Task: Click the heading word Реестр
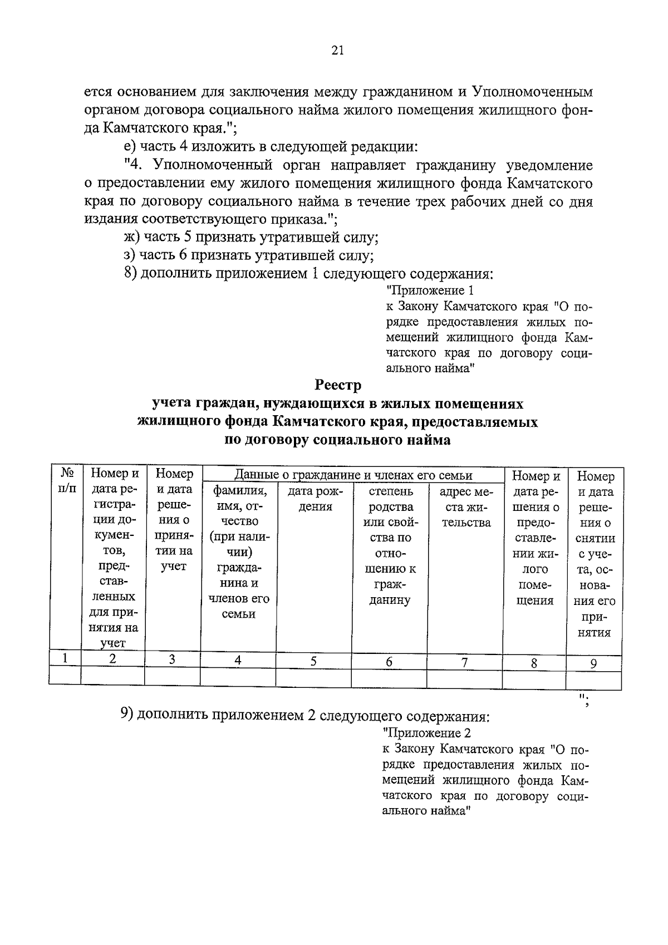pyautogui.click(x=337, y=385)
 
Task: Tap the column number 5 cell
pyautogui.click(x=313, y=661)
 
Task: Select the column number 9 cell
pyautogui.click(x=593, y=663)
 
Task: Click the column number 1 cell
pyautogui.click(x=65, y=658)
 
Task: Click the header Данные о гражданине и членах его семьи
pyautogui.click(x=353, y=475)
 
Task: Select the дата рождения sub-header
pyautogui.click(x=315, y=499)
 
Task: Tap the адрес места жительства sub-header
pyautogui.click(x=465, y=507)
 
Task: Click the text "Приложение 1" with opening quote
pyautogui.click(x=430, y=291)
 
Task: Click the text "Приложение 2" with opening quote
pyautogui.click(x=428, y=733)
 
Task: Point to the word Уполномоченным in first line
pyautogui.click(x=532, y=92)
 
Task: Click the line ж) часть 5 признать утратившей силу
pyautogui.click(x=252, y=238)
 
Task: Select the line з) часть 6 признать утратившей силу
pyautogui.click(x=249, y=255)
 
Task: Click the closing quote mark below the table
pyautogui.click(x=584, y=700)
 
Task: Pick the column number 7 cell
pyautogui.click(x=464, y=661)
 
